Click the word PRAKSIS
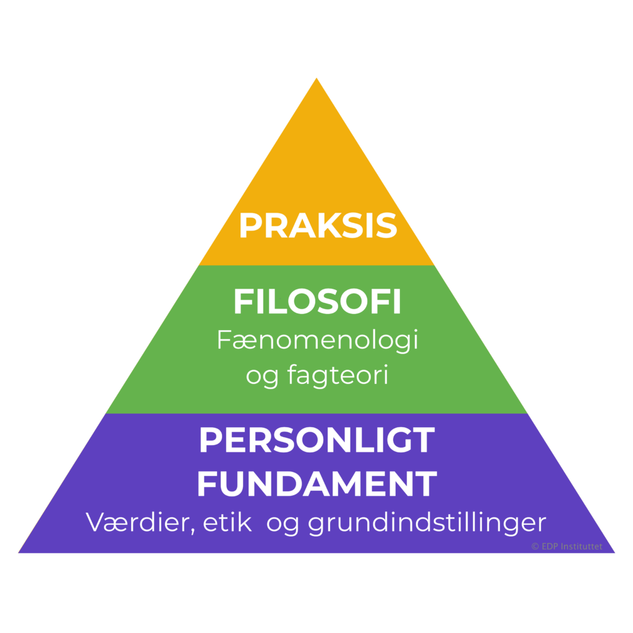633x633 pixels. [318, 225]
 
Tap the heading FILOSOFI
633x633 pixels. [317, 301]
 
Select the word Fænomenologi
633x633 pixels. [317, 341]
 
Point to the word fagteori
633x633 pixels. [338, 375]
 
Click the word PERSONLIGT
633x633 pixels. [317, 440]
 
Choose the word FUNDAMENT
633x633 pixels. [317, 483]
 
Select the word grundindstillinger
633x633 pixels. [427, 523]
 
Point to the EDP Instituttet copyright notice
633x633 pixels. [567, 546]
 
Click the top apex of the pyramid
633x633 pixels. [316, 78]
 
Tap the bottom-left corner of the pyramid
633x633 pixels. [19, 553]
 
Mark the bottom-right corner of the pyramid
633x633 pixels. [614, 553]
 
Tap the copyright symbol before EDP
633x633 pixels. [535, 546]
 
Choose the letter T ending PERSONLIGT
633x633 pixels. [423, 440]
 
